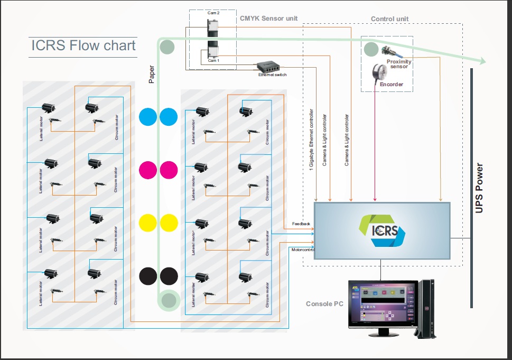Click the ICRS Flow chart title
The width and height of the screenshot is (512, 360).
point(82,45)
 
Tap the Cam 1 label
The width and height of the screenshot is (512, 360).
point(213,61)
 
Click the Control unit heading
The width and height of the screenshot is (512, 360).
point(389,19)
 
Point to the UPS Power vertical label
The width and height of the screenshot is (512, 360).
point(479,188)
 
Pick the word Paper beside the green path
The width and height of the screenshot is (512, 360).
point(152,74)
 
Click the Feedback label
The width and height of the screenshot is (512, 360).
point(301,224)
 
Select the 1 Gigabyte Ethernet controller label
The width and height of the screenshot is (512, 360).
point(311,137)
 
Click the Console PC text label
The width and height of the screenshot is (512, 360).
point(324,304)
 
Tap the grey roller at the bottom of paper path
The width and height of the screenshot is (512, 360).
point(169,300)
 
